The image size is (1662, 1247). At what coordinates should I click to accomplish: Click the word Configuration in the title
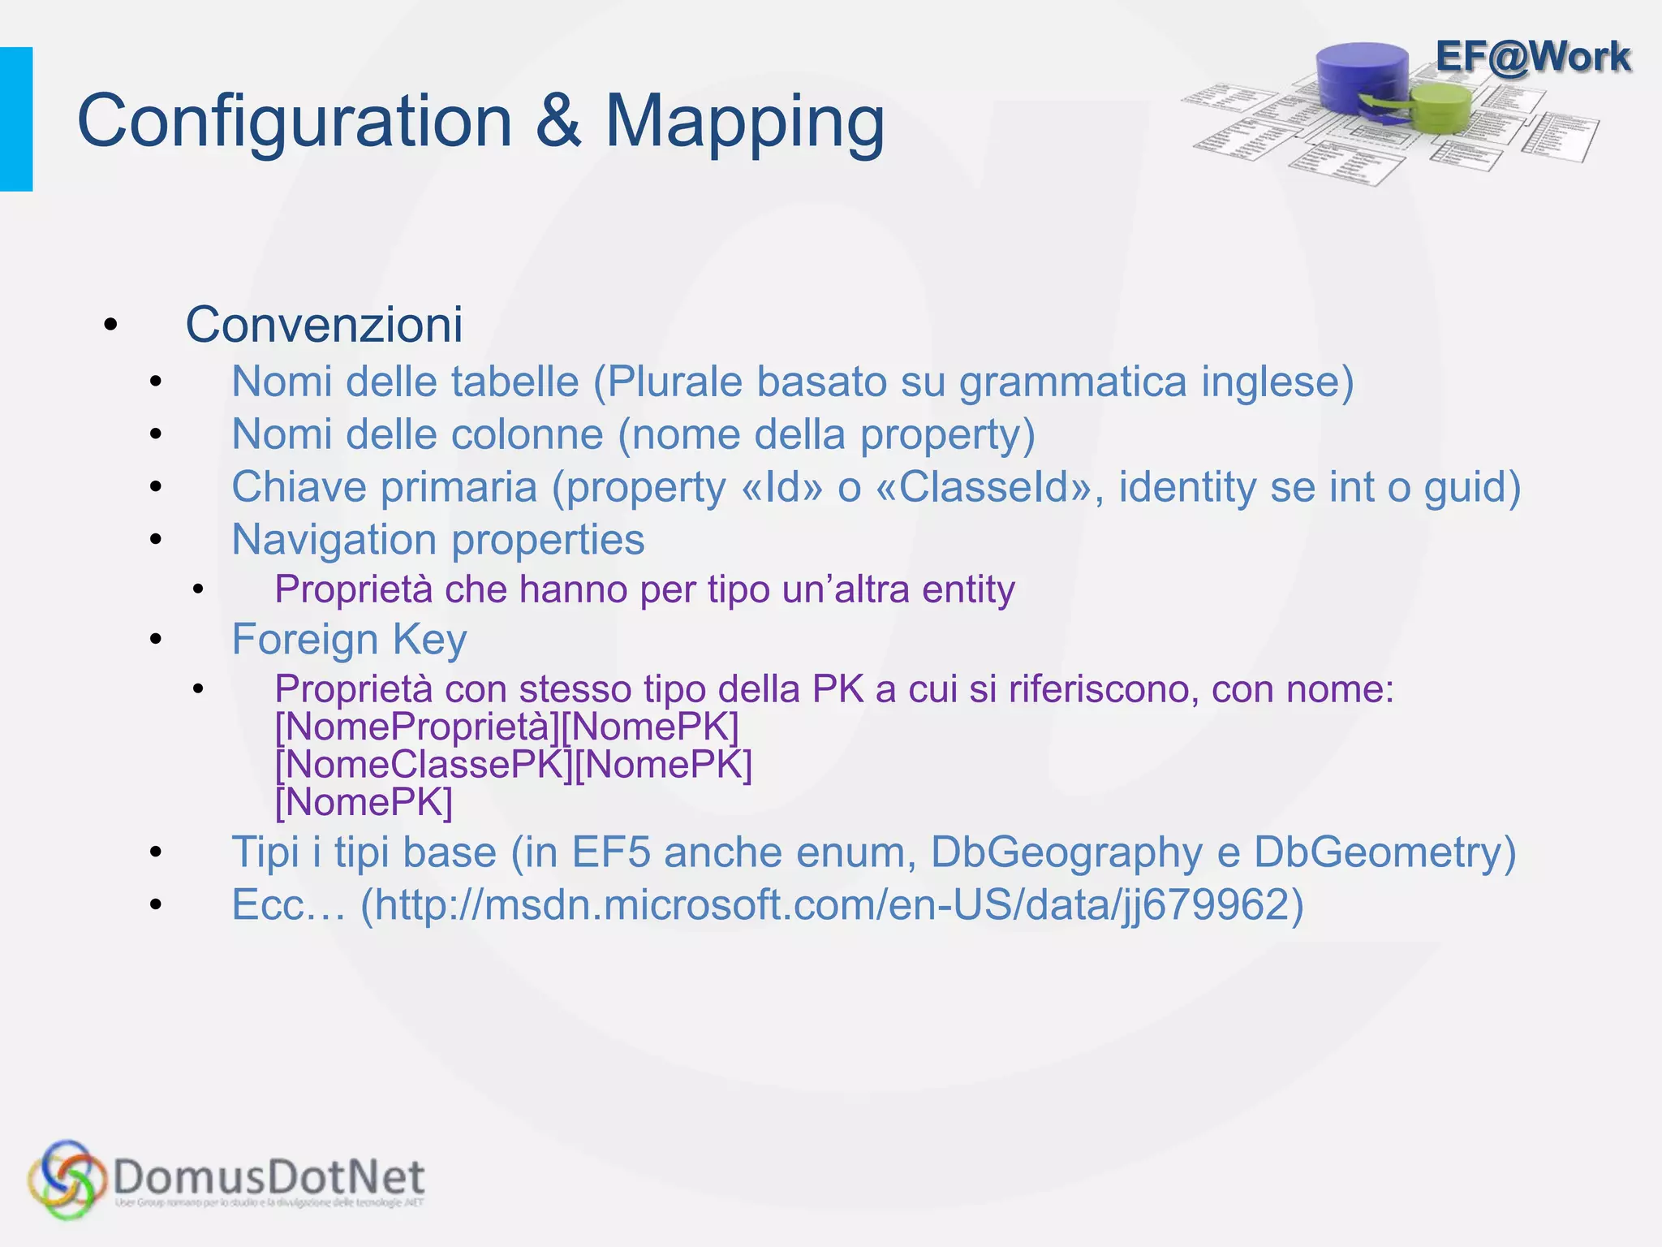tap(295, 122)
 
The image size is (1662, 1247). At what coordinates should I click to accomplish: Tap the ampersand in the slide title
tap(558, 122)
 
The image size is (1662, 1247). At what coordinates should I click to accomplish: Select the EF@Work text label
tap(1532, 57)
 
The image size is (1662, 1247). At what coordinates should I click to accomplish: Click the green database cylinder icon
tap(1440, 109)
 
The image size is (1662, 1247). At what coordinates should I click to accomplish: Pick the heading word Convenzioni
tap(324, 325)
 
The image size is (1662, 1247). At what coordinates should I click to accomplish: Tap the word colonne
tap(527, 434)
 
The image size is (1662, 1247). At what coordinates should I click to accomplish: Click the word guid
tap(1470, 487)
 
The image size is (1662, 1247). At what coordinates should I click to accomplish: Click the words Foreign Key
tap(349, 640)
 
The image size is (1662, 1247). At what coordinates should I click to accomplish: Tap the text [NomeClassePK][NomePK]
tap(514, 765)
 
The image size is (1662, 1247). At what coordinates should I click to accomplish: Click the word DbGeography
tap(1066, 852)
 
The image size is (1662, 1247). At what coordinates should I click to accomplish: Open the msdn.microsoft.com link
tap(832, 905)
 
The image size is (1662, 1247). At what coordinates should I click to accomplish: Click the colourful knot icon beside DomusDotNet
tap(67, 1179)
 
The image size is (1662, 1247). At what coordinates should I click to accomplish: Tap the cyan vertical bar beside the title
tap(16, 119)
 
